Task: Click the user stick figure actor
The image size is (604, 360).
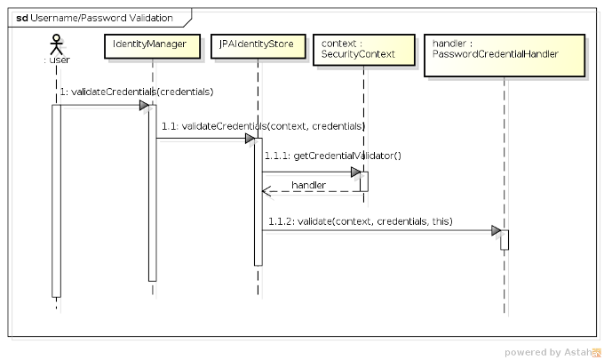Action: point(57,45)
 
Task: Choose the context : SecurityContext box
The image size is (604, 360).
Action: point(365,49)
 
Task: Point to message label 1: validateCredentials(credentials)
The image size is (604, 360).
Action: point(137,92)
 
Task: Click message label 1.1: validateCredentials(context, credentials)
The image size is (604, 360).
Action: point(262,125)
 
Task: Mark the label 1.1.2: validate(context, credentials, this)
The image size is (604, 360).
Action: point(360,220)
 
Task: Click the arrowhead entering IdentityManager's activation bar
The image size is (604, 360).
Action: point(144,106)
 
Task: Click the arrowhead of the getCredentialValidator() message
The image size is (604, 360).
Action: point(356,172)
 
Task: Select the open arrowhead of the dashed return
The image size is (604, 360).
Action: point(266,191)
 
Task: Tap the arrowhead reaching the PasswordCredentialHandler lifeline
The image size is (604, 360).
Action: point(496,231)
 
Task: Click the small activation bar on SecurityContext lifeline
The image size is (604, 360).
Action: point(364,181)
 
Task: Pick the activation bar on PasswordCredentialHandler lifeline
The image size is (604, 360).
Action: point(504,240)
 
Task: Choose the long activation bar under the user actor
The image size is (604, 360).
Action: point(56,200)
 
